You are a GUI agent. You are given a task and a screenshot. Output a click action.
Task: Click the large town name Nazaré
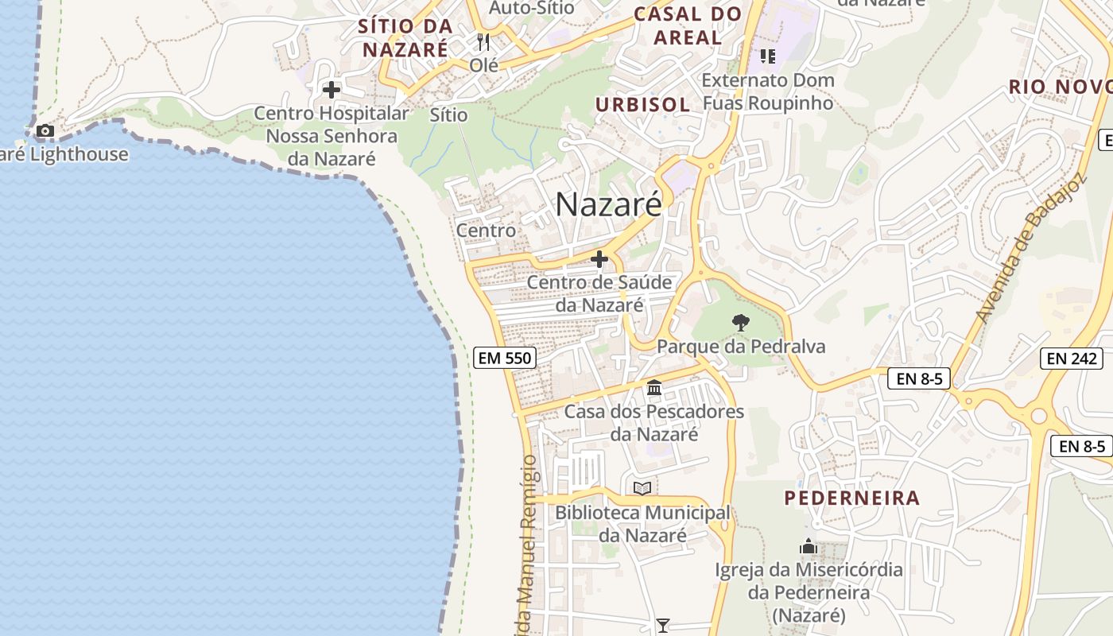608,204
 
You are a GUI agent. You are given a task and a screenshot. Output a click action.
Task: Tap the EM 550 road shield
504,358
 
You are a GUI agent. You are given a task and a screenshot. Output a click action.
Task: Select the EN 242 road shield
1071,359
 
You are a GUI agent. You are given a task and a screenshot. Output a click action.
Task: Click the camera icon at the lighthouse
45,130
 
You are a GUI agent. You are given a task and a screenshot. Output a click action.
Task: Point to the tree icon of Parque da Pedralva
740,323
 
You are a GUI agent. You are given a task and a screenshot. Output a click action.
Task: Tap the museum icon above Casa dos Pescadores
654,388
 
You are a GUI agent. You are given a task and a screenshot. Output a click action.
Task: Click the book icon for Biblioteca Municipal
642,488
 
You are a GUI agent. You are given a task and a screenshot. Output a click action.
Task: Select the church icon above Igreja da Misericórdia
809,546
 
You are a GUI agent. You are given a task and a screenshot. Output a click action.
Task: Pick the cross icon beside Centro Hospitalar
331,90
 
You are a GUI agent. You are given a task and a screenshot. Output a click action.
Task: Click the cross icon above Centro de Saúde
599,259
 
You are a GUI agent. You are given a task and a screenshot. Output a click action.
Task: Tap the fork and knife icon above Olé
483,42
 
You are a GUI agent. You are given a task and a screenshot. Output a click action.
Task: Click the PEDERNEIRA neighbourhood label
851,498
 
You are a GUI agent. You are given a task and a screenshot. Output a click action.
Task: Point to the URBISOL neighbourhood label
642,104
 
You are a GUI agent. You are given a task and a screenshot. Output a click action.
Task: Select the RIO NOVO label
1059,87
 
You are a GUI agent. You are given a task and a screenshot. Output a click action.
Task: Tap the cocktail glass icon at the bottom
662,626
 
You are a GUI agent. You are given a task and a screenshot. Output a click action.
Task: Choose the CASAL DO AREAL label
688,25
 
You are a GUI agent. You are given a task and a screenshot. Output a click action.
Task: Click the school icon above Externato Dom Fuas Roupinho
767,56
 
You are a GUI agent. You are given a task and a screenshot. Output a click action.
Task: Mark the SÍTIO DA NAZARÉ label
405,37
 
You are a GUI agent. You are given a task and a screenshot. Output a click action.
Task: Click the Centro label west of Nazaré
486,231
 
